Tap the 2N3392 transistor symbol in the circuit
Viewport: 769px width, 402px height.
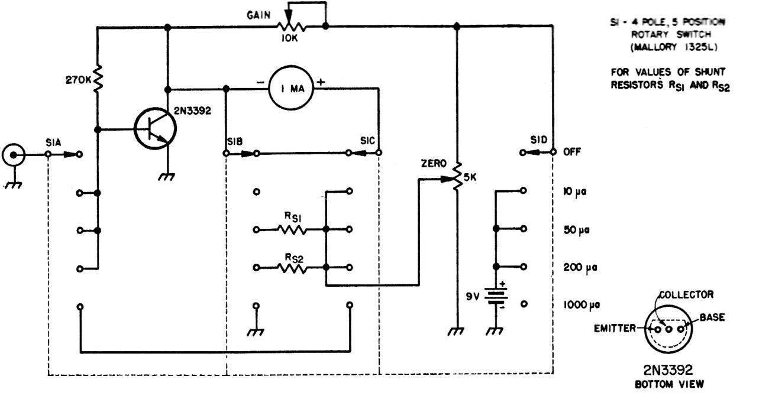[x=155, y=129]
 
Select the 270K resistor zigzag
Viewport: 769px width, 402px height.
[x=98, y=78]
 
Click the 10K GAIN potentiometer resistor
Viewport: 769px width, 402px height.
[x=291, y=27]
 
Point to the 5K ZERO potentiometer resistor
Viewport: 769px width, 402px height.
[x=457, y=176]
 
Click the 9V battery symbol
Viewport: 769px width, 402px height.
[x=496, y=296]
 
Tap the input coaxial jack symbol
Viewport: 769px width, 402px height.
[x=14, y=155]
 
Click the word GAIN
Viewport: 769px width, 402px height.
[x=259, y=15]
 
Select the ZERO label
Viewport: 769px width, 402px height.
[x=434, y=164]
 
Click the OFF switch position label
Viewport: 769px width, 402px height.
[x=572, y=151]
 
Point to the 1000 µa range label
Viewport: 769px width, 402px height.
[x=581, y=304]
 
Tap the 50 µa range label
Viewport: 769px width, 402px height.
[x=576, y=230]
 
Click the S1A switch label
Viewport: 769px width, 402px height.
[x=53, y=142]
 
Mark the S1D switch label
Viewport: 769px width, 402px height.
[x=539, y=140]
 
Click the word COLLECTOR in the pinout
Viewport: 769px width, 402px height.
[x=687, y=294]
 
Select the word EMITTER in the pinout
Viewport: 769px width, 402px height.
[x=615, y=328]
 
